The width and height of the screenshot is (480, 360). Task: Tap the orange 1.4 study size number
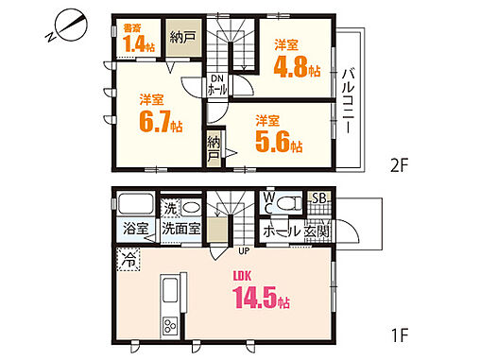133,43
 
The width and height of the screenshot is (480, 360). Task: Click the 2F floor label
398,166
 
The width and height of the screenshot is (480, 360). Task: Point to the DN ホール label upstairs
216,83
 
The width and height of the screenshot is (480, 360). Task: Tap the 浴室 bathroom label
134,229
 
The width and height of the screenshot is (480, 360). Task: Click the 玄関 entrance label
317,230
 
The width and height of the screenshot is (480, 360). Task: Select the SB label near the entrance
318,198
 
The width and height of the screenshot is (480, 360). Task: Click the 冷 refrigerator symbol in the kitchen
126,255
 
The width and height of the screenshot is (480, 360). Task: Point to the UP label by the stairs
243,250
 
